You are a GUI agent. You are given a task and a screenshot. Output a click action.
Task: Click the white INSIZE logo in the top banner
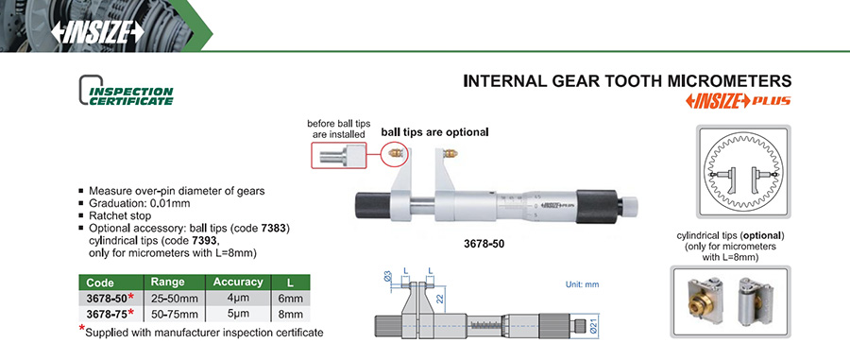(x=97, y=32)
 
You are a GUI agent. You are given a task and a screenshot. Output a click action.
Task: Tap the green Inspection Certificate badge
(x=127, y=91)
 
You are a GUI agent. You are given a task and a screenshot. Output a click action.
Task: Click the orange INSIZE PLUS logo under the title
(x=730, y=101)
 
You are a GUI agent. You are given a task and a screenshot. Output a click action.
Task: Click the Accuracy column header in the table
(x=237, y=282)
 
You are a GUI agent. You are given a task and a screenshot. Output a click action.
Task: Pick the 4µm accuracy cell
(x=237, y=299)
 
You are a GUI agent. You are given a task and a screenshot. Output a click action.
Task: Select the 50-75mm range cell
(x=174, y=314)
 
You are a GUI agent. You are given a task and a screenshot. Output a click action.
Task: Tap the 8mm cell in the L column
(x=290, y=314)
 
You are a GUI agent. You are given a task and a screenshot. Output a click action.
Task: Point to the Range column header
(x=168, y=282)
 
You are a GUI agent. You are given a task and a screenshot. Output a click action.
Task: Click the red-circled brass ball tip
(x=395, y=155)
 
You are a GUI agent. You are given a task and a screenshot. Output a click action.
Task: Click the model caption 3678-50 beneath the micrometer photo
(x=484, y=245)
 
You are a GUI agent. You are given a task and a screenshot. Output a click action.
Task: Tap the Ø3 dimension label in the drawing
(x=387, y=277)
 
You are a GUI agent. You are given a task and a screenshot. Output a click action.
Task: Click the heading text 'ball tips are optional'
(x=434, y=131)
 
